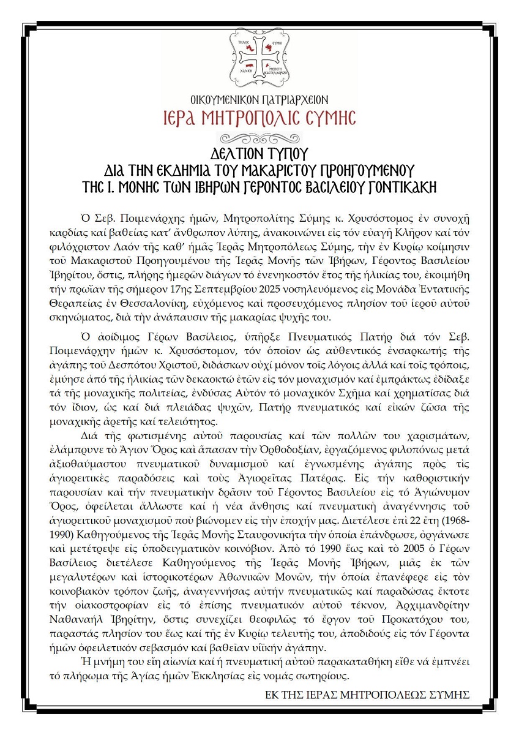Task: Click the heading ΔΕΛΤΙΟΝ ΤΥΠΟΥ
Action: coord(259,153)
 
